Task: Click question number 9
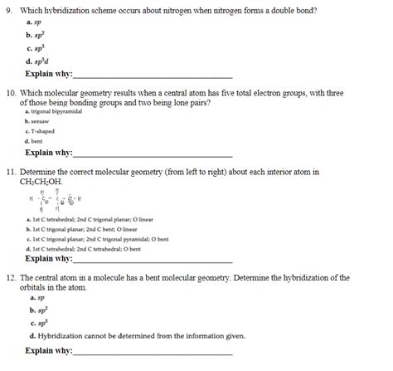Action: click(x=9, y=9)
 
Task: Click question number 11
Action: click(x=11, y=171)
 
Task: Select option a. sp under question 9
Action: click(x=34, y=23)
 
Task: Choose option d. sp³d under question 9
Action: click(x=38, y=60)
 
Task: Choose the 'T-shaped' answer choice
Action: click(x=41, y=131)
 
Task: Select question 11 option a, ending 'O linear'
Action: click(x=89, y=219)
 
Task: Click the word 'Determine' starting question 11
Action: click(x=47, y=171)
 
